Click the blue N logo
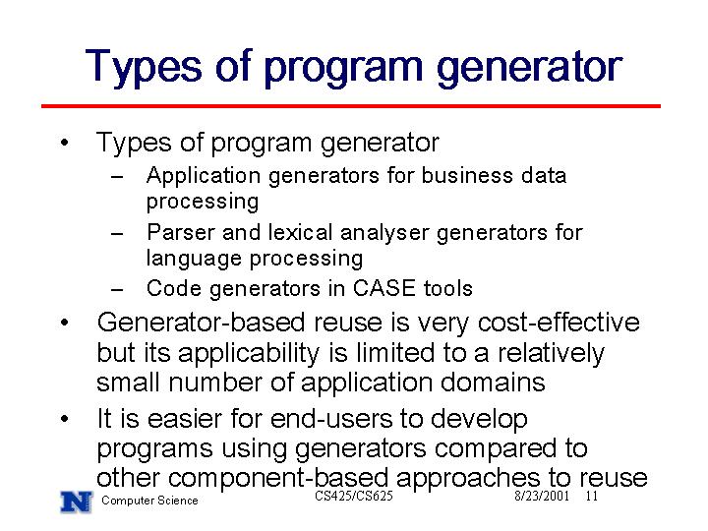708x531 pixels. pyautogui.click(x=77, y=502)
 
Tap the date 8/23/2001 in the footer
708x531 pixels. pyautogui.click(x=542, y=497)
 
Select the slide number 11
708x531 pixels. pyautogui.click(x=592, y=497)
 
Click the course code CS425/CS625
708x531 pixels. pyautogui.click(x=354, y=496)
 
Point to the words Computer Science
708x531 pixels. pyautogui.click(x=149, y=501)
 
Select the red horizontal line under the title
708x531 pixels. pyautogui.click(x=351, y=106)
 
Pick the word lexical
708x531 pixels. pyautogui.click(x=301, y=232)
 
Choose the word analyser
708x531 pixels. pyautogui.click(x=384, y=233)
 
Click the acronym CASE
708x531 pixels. pyautogui.click(x=383, y=288)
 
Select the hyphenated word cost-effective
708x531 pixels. pyautogui.click(x=559, y=323)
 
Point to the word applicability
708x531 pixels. pyautogui.click(x=249, y=354)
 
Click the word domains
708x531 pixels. pyautogui.click(x=493, y=383)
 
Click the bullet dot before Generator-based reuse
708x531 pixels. pyautogui.click(x=65, y=323)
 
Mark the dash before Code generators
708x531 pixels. pyautogui.click(x=117, y=289)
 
